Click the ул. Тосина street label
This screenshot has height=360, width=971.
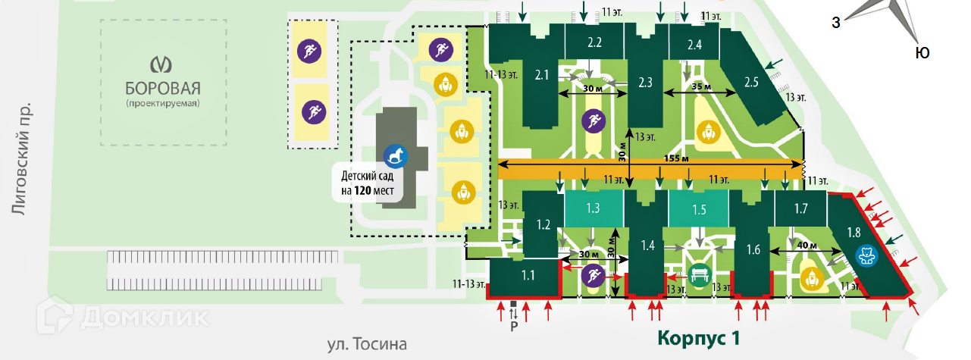point(367,344)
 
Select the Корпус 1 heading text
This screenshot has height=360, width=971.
point(698,337)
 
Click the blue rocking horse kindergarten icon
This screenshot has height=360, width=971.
point(396,156)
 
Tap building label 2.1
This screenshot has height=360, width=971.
point(542,75)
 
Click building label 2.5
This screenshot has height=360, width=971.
point(751,82)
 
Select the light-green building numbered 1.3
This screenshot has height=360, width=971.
point(594,208)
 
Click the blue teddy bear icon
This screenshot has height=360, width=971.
point(866,255)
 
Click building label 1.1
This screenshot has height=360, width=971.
point(528,276)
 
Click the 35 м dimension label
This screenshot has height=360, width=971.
point(702,87)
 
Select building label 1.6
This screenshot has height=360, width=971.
point(753,249)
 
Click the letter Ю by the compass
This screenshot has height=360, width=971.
point(922,53)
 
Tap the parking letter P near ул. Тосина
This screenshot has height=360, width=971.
point(513,326)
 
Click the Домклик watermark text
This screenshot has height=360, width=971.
point(144,317)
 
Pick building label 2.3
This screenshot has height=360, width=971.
point(646,82)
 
